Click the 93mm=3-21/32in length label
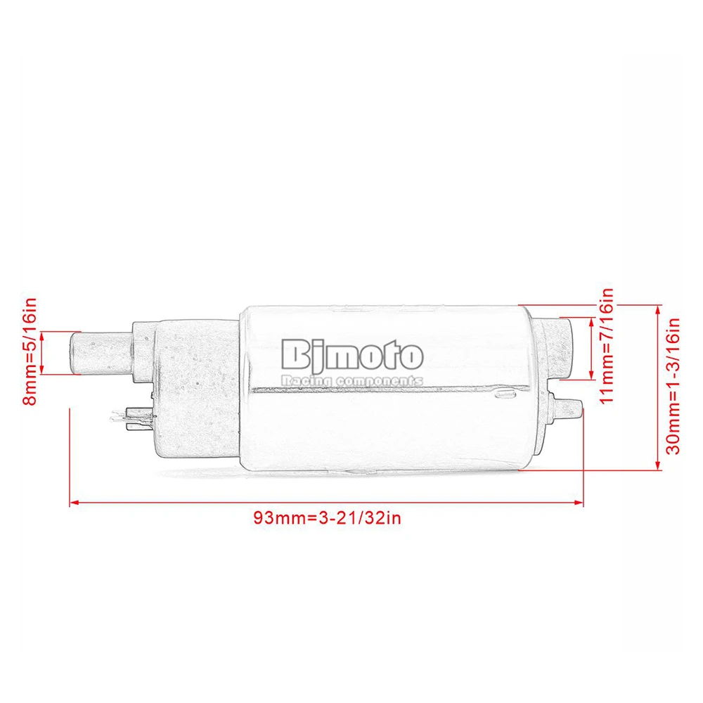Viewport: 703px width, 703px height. [328, 518]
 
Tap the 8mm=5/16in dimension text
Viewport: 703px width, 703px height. [30, 352]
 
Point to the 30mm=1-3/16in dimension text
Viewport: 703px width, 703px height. [673, 386]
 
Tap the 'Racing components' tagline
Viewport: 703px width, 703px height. [352, 380]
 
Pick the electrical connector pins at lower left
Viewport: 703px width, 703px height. [130, 418]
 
